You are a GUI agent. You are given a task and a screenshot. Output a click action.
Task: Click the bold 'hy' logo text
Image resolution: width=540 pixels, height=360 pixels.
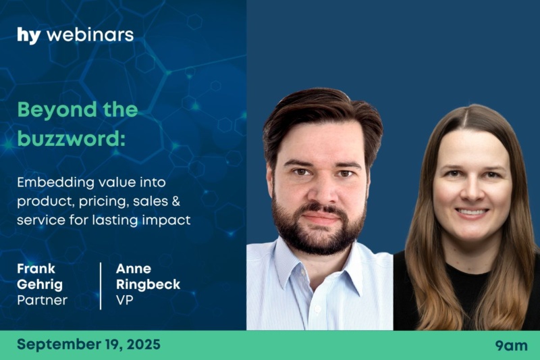click(29, 36)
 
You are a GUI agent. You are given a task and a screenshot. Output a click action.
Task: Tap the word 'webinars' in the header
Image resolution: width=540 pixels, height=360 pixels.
click(90, 35)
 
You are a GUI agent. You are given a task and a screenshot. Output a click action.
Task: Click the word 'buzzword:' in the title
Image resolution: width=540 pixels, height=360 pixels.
click(72, 138)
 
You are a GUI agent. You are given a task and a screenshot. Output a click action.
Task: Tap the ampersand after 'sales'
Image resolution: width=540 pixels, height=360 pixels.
click(175, 201)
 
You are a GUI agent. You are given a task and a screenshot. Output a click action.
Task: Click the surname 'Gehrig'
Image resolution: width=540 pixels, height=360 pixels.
click(40, 285)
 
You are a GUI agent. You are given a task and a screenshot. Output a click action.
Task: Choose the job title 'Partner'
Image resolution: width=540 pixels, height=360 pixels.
click(42, 300)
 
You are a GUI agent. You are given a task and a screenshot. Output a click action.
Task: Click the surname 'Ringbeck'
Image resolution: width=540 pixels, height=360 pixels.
click(148, 284)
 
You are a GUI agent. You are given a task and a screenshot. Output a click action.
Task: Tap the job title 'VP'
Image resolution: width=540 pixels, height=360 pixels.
click(125, 300)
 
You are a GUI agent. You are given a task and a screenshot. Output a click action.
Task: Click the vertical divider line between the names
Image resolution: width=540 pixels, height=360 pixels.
click(101, 286)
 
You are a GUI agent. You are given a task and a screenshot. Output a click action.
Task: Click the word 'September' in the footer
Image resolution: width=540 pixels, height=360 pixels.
click(57, 345)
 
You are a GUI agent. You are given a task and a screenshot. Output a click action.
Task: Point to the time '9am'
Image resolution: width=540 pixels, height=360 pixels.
click(512, 346)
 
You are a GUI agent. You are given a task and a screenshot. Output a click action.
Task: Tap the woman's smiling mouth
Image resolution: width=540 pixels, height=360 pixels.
click(471, 211)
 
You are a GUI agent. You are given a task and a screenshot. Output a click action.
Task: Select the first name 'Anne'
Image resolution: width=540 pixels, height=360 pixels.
click(134, 269)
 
